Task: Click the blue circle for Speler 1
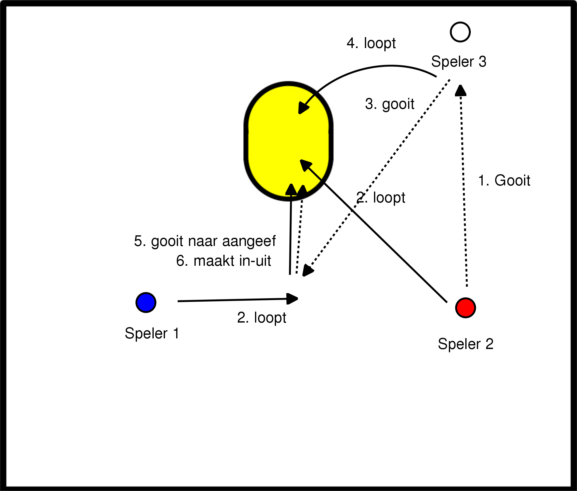click(x=146, y=303)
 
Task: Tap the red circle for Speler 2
click(x=465, y=308)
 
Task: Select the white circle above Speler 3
click(x=460, y=32)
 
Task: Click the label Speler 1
click(x=152, y=334)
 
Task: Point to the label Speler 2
click(x=465, y=344)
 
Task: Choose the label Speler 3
click(x=459, y=62)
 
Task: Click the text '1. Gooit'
click(x=504, y=180)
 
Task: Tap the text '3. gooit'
click(x=390, y=104)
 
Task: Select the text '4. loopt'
click(x=371, y=43)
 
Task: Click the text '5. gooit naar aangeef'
click(x=205, y=241)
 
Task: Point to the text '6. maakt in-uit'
click(x=223, y=261)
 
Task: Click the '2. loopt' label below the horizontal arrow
click(x=261, y=318)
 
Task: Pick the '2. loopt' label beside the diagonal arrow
click(x=381, y=198)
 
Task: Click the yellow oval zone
click(x=288, y=141)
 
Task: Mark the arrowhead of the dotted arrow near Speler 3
click(x=460, y=90)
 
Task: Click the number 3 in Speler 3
click(x=482, y=62)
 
